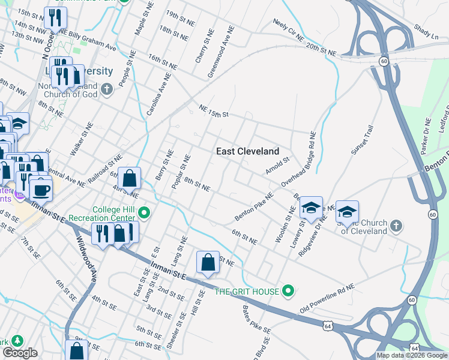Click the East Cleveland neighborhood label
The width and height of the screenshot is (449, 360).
click(248, 151)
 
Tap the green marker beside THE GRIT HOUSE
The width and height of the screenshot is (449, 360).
click(289, 292)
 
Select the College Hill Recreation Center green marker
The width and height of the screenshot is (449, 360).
click(144, 212)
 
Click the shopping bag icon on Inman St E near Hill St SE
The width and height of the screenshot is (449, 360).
click(208, 262)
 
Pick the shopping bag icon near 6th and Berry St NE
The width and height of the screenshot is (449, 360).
click(130, 178)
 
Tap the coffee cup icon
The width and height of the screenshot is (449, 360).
click(41, 190)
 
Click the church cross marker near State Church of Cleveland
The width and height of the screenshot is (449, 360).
click(395, 226)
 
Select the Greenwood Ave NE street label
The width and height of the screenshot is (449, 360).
click(220, 56)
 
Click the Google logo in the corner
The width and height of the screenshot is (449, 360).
click(20, 353)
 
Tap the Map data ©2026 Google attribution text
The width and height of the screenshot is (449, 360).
click(411, 355)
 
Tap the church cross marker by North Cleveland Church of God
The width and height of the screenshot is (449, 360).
click(107, 89)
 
